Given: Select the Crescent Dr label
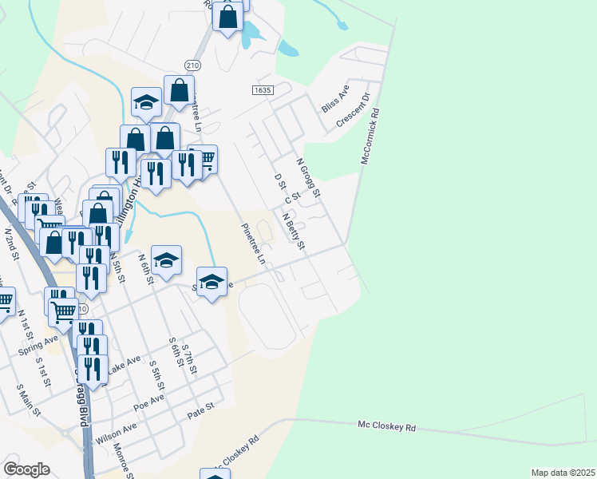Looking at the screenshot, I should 354,110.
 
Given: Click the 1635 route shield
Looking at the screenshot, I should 263,91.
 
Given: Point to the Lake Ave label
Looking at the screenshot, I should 125,366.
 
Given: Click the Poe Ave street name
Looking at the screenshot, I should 148,401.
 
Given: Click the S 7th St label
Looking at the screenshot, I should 189,360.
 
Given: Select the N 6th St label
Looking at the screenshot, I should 144,269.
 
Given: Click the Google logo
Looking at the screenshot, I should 26,469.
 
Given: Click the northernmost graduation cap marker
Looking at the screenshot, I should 147,101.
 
